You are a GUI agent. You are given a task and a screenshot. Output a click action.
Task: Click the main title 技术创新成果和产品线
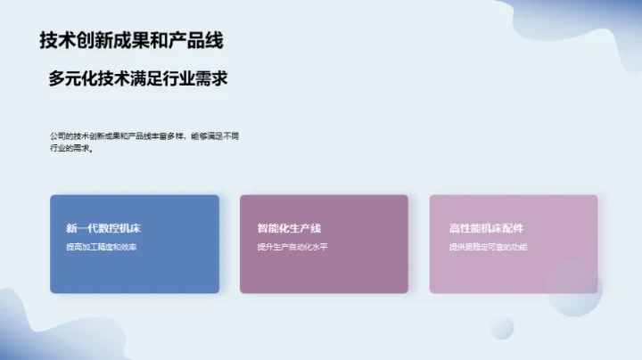tap(131, 40)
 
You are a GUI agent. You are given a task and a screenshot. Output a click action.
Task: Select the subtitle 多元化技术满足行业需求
tap(138, 79)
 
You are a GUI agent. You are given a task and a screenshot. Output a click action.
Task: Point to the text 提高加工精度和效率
tap(101, 247)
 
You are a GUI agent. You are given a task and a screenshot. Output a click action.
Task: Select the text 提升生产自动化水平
tap(292, 247)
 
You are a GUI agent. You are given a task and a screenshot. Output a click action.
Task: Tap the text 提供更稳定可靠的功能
tap(488, 247)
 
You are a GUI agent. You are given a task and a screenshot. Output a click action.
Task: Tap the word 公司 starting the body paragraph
tap(57, 135)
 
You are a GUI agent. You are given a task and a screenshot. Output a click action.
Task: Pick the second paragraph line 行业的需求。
tap(71, 148)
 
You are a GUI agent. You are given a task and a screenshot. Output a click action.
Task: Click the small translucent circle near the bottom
tap(502, 326)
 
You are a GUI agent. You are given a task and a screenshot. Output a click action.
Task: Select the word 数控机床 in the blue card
tap(120, 228)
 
